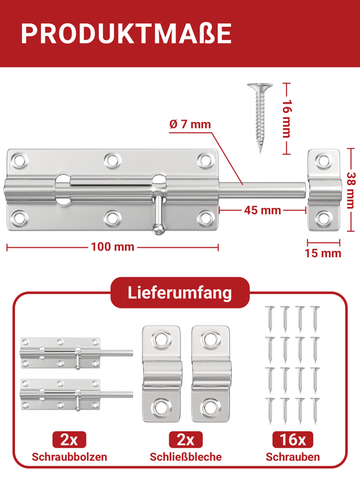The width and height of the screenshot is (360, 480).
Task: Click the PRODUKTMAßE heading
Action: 125,34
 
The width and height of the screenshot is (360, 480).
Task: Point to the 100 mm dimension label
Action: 111,246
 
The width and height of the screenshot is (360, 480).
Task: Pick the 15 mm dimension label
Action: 322,253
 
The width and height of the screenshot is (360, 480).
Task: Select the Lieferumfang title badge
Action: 180,293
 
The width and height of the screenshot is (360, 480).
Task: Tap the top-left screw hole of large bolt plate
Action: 21,160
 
